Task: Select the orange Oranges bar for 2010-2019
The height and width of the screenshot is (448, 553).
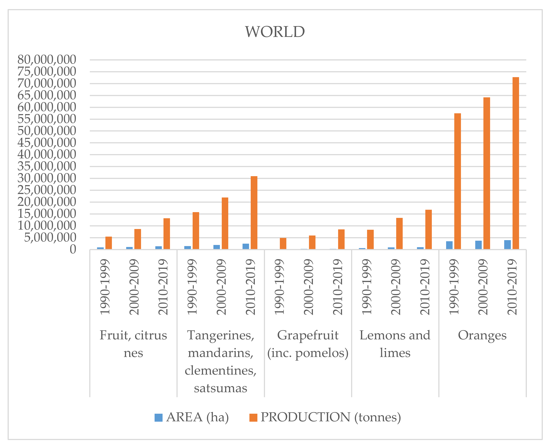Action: click(x=516, y=163)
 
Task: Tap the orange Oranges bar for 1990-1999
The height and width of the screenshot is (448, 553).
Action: click(x=457, y=181)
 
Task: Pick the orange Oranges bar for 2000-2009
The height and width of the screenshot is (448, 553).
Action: click(x=487, y=173)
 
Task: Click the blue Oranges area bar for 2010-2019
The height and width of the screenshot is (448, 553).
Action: click(x=507, y=245)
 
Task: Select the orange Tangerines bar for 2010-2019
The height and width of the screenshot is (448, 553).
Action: click(x=254, y=213)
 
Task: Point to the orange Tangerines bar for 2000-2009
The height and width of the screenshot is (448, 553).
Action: click(x=225, y=223)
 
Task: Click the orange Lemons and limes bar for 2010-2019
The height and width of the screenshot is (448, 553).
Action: click(x=428, y=229)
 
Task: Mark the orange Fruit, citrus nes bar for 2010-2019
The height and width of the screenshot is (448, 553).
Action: click(x=167, y=233)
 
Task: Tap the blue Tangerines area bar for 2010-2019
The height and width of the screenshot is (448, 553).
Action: click(x=246, y=246)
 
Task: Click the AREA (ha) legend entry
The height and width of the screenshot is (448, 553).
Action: click(x=192, y=417)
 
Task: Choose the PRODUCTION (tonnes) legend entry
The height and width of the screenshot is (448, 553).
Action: click(x=325, y=417)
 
